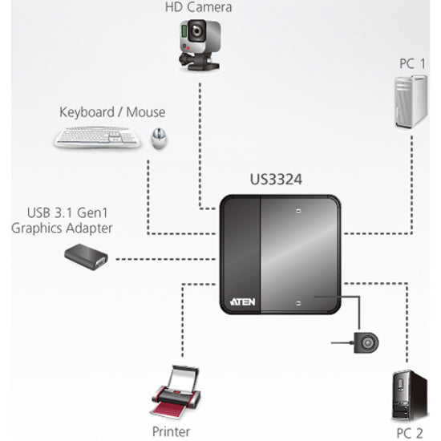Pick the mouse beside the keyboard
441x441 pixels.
click(160, 139)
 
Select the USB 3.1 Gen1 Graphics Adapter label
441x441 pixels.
click(62, 221)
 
